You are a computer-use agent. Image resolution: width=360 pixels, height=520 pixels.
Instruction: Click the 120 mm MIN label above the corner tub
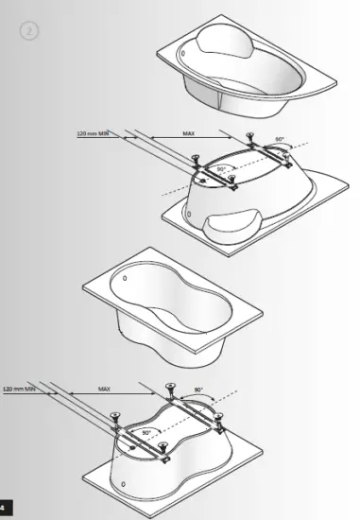point(93,134)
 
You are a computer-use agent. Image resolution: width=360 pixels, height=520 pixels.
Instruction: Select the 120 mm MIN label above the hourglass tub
point(19,388)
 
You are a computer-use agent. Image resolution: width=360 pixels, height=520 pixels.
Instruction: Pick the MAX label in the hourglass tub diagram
point(105,388)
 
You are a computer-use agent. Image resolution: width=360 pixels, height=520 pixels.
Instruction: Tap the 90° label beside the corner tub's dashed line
point(279,139)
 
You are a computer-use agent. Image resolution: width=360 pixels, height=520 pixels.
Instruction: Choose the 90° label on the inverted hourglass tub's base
point(146,431)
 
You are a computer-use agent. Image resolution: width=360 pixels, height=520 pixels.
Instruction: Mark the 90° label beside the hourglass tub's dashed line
point(198,390)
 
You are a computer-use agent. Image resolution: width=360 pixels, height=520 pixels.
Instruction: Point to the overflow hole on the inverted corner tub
point(192,216)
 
